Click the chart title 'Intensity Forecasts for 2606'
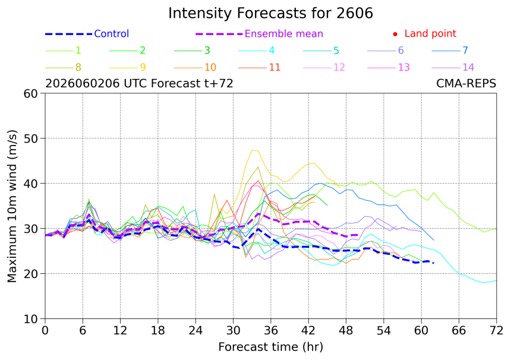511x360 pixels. coord(270,13)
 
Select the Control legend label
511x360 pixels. coord(112,33)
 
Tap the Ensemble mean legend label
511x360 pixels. coord(284,33)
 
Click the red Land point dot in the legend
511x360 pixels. coord(395,34)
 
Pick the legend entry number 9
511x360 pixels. coord(143,67)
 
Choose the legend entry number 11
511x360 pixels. coord(275,67)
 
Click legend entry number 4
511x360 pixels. coord(272,50)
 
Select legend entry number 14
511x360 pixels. coord(468,67)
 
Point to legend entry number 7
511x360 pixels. coord(465,50)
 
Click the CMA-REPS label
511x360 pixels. coord(466,83)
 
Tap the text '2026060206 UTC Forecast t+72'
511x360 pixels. coord(139,83)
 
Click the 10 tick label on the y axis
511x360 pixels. coord(31,319)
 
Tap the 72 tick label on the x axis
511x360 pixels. coord(496,330)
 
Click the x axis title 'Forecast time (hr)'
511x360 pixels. coord(270,347)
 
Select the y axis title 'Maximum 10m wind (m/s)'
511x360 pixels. coord(12,206)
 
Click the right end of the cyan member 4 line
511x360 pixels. coord(496,280)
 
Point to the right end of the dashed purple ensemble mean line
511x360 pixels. coord(358,235)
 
